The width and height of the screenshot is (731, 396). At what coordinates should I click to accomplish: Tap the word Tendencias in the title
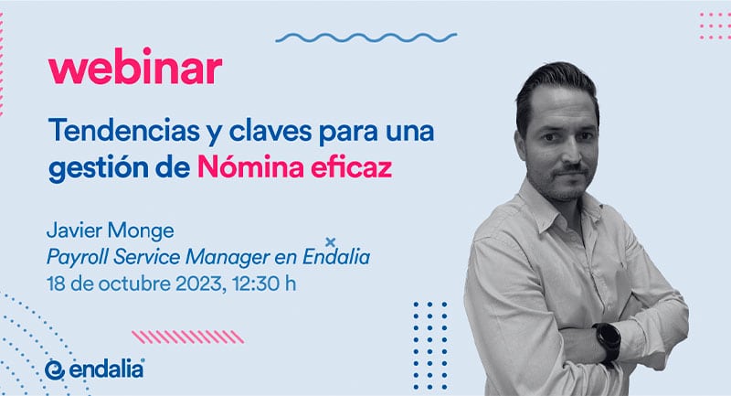[124, 131]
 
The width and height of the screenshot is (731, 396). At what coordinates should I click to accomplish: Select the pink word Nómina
[250, 167]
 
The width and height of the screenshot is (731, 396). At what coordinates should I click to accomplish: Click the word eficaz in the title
[351, 167]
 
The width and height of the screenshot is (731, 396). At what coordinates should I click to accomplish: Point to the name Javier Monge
[111, 230]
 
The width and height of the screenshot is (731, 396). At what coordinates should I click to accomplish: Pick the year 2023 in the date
[201, 284]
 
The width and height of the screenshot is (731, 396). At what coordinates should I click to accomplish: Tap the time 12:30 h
[264, 284]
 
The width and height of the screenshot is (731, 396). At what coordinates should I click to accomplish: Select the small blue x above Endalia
[330, 242]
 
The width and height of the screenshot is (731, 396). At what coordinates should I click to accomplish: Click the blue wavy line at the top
[366, 37]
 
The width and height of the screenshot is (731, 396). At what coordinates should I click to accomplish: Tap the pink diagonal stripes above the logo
[188, 337]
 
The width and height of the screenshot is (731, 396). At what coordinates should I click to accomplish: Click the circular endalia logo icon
[55, 369]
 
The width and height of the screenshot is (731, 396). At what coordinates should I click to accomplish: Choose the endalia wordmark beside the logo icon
[107, 369]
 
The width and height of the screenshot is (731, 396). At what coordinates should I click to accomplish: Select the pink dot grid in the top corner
[715, 27]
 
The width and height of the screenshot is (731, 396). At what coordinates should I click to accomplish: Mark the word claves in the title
[270, 131]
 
